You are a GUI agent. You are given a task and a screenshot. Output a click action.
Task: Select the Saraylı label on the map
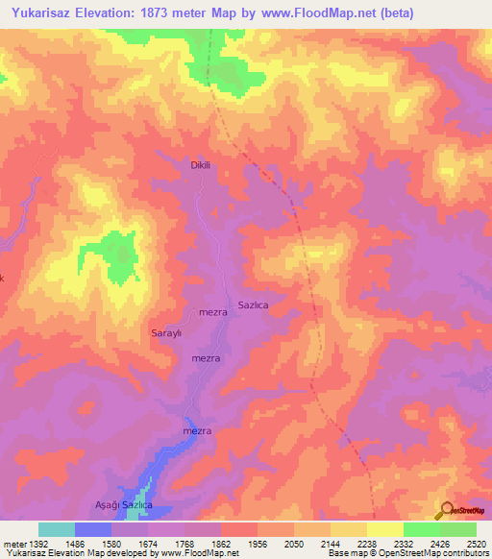coord(166,333)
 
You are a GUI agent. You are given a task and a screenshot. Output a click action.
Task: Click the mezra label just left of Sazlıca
coord(212,312)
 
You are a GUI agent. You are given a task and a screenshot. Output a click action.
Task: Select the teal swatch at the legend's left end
coord(57,529)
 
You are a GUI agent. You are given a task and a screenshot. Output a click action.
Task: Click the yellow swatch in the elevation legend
coord(385,529)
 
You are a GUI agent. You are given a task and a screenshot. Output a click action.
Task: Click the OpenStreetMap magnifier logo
coord(446,511)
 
